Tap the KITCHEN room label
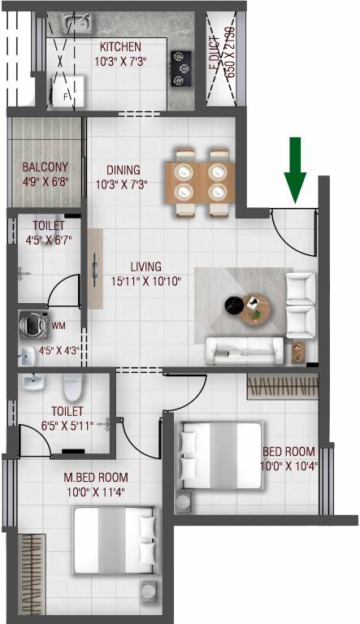click(x=119, y=47)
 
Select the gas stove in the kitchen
click(x=180, y=62)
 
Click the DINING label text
click(x=124, y=171)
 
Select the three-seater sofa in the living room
click(x=244, y=350)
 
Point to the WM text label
click(x=59, y=327)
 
